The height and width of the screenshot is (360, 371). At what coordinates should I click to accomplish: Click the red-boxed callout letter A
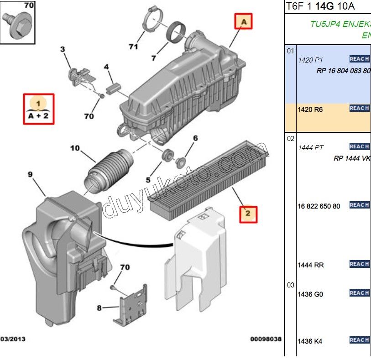pos(244,21)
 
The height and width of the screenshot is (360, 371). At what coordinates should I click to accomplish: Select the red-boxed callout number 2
pos(248,214)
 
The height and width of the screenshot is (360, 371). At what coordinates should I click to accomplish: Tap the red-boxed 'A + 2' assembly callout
pos(39,110)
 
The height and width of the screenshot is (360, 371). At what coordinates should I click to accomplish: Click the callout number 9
pos(30,174)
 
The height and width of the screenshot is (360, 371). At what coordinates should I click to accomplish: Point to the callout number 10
pos(75,148)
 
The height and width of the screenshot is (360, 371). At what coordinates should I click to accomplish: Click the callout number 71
pos(133,47)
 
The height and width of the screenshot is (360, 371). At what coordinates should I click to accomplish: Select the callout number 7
pos(154,58)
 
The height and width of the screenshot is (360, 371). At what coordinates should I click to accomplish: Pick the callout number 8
pos(99,308)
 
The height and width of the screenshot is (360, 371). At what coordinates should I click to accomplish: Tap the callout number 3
pos(63,49)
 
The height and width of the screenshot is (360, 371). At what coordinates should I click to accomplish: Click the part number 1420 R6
pos(310,110)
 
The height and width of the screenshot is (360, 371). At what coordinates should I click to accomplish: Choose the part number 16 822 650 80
pos(319,206)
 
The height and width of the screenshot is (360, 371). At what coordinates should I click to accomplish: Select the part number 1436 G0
pos(310,294)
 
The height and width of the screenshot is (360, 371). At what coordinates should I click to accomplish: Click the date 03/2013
pos(13,339)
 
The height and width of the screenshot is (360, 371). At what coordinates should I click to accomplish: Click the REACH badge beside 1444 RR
pos(359,264)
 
